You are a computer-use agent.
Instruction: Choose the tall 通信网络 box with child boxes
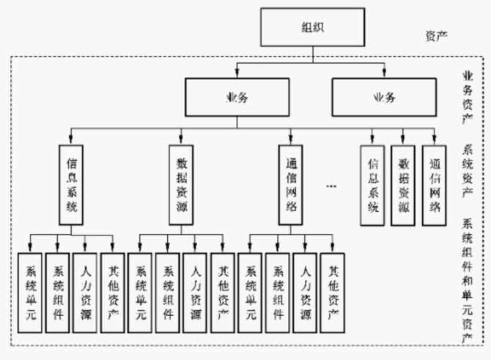point(290,183)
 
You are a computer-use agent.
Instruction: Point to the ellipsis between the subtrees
point(331,187)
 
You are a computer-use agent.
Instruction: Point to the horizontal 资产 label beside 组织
point(438,36)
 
